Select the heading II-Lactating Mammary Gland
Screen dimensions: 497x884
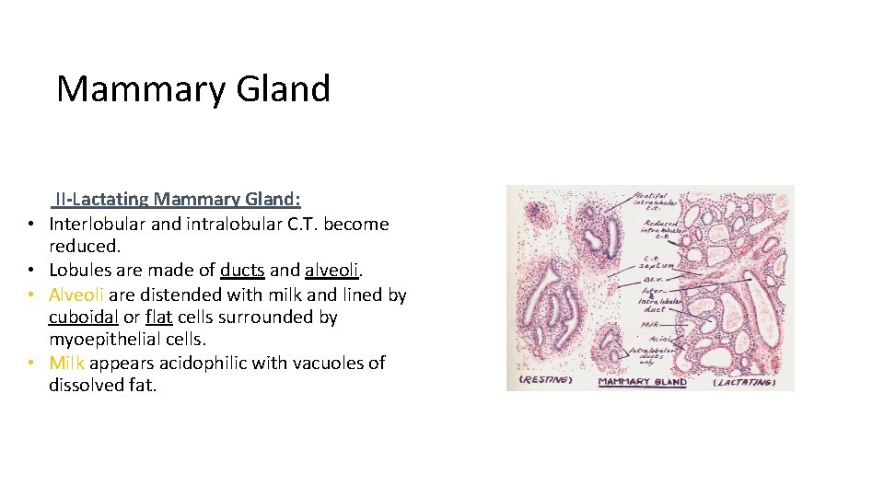(x=178, y=199)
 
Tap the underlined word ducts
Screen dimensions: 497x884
(x=242, y=271)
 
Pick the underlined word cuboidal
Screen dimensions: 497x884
(x=83, y=318)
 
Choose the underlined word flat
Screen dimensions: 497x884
(x=158, y=318)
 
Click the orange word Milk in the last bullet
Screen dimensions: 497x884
(x=67, y=363)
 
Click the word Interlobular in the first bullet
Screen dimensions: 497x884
(x=101, y=224)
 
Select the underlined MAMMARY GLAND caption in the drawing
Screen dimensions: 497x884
(x=643, y=381)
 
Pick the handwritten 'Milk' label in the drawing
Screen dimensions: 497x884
(x=651, y=322)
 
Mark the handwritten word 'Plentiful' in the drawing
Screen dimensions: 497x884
(x=650, y=195)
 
